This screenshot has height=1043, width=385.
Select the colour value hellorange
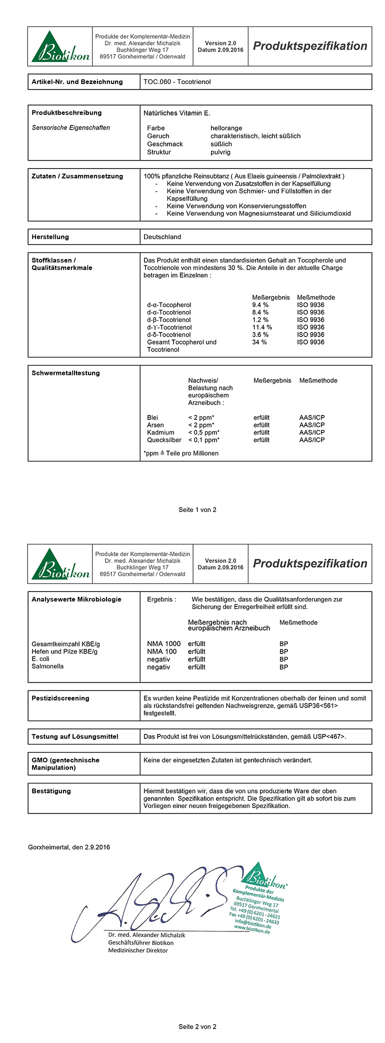[226, 128]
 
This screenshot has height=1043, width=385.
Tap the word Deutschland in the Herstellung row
[162, 237]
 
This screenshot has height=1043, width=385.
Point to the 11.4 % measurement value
[261, 327]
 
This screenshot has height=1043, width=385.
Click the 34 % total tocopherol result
[259, 342]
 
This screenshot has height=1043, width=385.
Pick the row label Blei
[152, 417]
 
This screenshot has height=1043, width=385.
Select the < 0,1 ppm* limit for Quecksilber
[203, 440]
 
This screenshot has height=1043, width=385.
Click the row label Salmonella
[47, 666]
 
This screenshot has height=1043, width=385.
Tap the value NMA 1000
[163, 644]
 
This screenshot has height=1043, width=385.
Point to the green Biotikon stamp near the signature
[257, 900]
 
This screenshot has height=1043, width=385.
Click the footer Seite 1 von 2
[197, 510]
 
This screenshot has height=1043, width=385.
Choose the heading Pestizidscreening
[60, 698]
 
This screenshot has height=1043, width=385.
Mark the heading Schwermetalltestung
[65, 373]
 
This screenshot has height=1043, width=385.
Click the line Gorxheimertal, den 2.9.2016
[69, 847]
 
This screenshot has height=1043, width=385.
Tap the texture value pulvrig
[220, 152]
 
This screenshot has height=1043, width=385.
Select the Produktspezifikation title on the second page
[310, 563]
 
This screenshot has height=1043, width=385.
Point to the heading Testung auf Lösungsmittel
[74, 736]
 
